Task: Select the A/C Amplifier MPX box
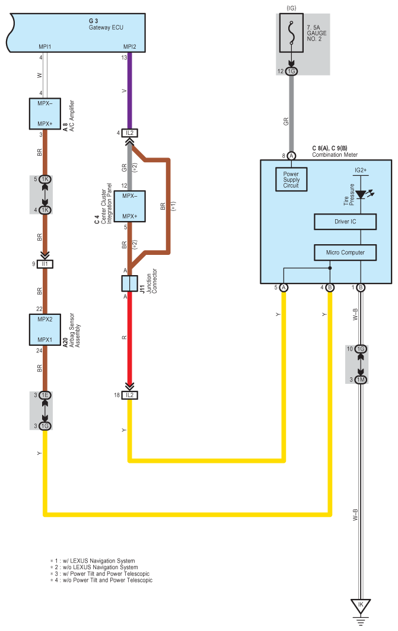coord(46,113)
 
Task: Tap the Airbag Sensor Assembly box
coord(46,330)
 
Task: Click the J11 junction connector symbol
coord(129,283)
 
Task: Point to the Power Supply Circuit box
coord(291,179)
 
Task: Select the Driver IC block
coord(345,222)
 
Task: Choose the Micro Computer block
coord(345,253)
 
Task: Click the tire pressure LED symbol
coord(361,194)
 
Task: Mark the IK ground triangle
coord(360,607)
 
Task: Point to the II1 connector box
coord(46,263)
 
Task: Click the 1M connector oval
coord(360,379)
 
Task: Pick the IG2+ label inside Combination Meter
coord(360,170)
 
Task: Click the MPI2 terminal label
coord(129,46)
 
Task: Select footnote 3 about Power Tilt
coord(101,573)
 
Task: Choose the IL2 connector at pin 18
coord(129,395)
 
